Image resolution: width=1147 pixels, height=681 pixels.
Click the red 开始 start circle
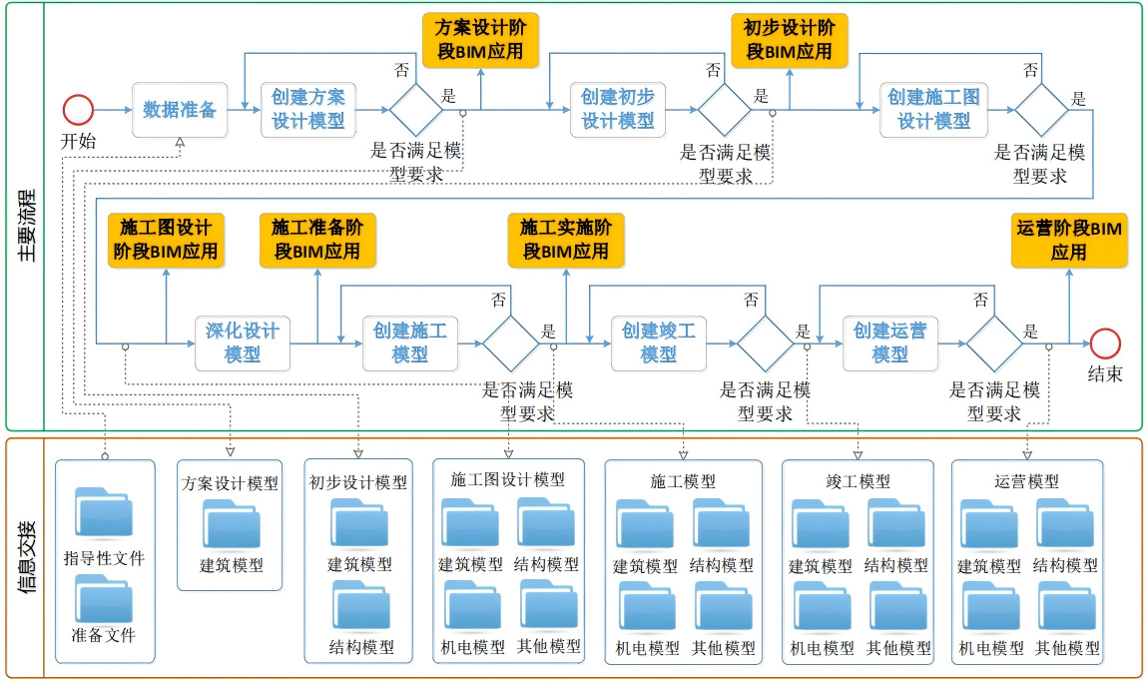78,109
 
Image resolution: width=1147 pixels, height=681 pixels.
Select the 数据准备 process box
180,109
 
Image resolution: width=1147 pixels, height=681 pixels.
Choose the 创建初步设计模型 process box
618,109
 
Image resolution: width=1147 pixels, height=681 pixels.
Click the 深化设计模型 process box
243,342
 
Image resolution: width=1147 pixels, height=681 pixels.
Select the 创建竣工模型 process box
659,342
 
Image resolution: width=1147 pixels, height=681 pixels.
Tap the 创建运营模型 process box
890,342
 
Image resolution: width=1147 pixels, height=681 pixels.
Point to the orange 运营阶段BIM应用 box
1068,241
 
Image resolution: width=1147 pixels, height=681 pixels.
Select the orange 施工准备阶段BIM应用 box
316,241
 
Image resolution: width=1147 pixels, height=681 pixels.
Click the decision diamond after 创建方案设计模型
415,109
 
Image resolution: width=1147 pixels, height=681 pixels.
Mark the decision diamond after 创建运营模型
994,342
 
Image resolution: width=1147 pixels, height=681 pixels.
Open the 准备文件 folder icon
104,597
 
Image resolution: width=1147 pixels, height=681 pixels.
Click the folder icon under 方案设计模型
232,523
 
